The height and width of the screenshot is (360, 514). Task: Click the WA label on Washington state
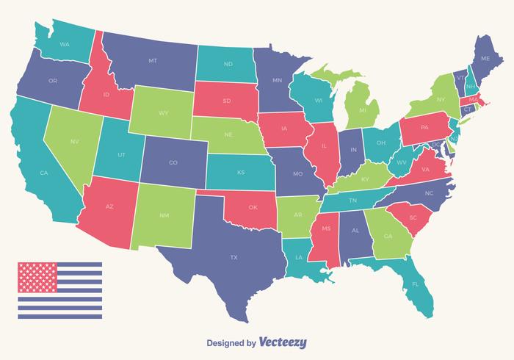tap(64, 44)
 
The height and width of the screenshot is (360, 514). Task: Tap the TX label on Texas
tap(234, 257)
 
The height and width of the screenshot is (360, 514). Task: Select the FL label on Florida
tap(415, 284)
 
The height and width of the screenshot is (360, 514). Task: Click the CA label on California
tap(43, 173)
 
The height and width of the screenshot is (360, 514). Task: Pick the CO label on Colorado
tap(173, 162)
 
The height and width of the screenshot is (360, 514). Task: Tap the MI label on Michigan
tap(362, 110)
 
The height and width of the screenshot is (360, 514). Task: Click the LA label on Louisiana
tap(298, 257)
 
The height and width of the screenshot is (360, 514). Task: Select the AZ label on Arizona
tap(109, 206)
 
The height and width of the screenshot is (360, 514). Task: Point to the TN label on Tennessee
tap(352, 199)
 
